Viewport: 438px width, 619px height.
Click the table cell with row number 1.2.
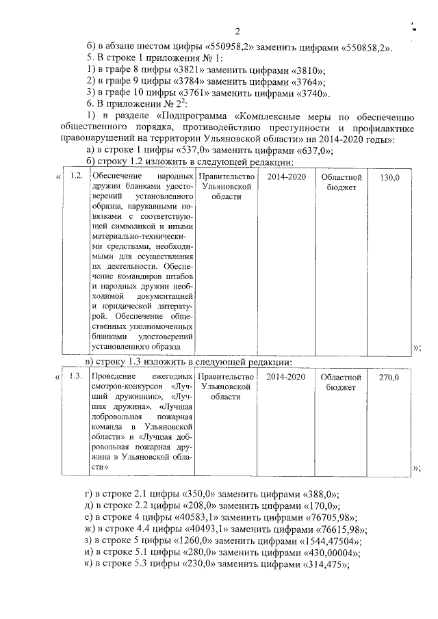tap(77, 176)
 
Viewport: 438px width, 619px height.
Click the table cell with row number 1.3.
tap(77, 377)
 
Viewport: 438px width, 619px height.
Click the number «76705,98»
tap(333, 517)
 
